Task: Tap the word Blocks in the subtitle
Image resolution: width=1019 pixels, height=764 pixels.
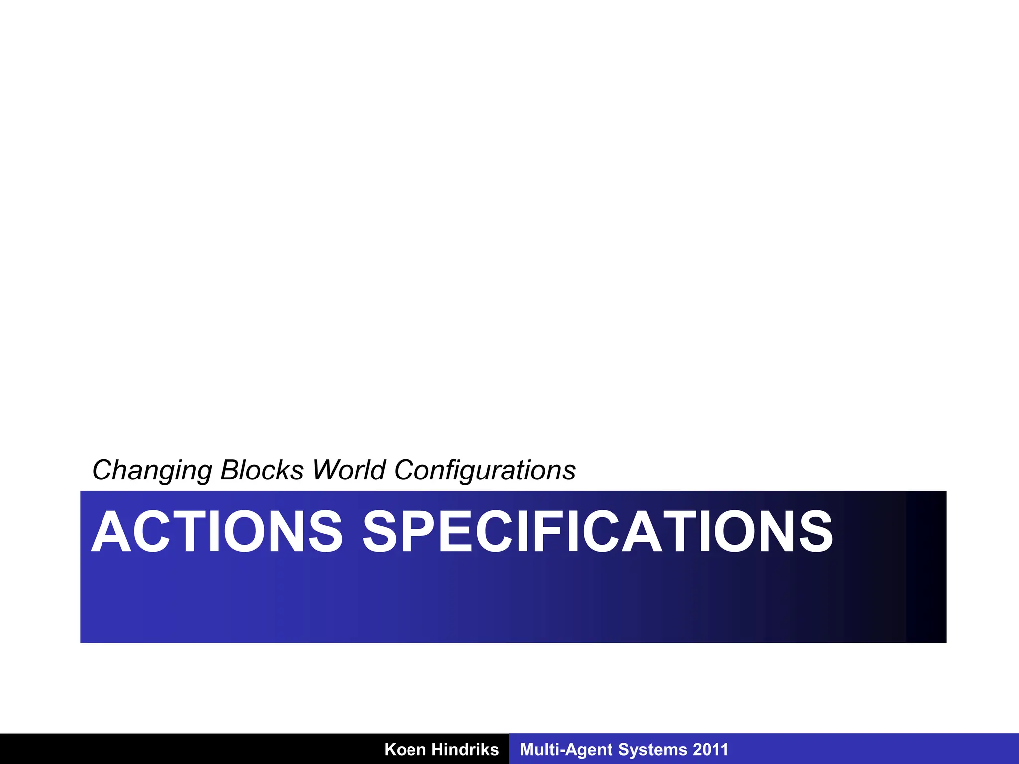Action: coord(262,470)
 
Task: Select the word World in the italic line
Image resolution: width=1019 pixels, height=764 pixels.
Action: coord(349,470)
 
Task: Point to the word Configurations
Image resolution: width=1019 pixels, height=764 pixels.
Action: coord(485,470)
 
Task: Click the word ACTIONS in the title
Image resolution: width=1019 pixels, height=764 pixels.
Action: coord(217,532)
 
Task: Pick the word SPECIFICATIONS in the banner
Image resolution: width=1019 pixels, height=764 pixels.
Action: coord(598,532)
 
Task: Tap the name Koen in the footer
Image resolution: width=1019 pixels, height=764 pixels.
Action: coord(405,749)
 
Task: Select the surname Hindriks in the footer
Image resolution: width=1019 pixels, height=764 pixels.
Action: coord(465,749)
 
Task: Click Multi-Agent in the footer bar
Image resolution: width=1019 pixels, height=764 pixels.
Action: coord(566,749)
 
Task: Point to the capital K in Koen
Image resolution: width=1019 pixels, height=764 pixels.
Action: coord(390,749)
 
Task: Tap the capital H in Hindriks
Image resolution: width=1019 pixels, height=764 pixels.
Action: coord(437,749)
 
